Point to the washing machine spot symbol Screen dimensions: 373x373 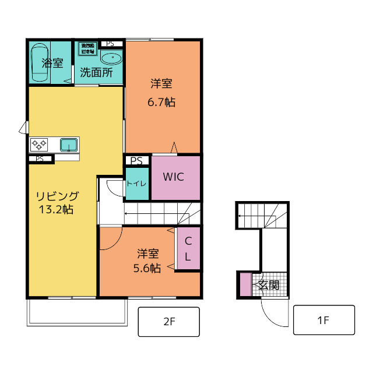(x=88, y=48)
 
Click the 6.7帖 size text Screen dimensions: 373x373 (x=161, y=103)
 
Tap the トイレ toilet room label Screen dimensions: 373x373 (x=137, y=184)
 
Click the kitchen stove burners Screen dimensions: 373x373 (x=40, y=144)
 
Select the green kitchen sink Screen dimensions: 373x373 (x=69, y=144)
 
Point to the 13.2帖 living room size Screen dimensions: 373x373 (x=56, y=210)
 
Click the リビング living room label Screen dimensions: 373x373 (x=57, y=196)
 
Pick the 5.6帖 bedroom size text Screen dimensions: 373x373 (x=148, y=268)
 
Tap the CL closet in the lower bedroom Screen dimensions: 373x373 (x=188, y=249)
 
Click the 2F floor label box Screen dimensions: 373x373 (x=169, y=321)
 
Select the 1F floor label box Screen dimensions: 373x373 (x=323, y=321)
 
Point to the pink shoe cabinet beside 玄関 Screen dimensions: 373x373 (x=245, y=284)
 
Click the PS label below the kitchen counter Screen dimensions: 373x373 (x=40, y=159)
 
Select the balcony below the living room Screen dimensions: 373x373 (x=76, y=312)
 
